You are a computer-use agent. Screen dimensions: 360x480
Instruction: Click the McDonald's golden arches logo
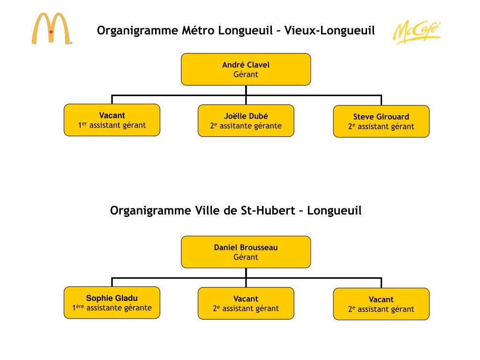pos(51,29)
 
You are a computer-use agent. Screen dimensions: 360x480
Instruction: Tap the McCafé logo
pos(416,32)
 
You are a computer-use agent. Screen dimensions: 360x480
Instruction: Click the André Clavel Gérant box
pos(246,69)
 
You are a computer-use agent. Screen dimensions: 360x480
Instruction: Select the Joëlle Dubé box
pos(246,120)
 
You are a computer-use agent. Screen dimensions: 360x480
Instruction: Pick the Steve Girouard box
pos(381,121)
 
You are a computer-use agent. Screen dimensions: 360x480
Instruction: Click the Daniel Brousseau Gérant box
pos(246,252)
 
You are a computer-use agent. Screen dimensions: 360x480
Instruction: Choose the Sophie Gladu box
pos(112,303)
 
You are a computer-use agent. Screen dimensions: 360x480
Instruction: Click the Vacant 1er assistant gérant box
pos(112,120)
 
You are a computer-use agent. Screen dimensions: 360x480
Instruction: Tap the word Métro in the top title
pos(198,31)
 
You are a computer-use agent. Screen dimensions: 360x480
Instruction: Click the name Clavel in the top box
pos(258,65)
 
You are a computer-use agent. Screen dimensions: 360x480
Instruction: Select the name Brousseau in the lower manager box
pos(259,247)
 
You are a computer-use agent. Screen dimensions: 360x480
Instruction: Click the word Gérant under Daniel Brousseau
pos(246,257)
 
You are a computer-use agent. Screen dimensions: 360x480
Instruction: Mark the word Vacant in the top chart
pos(112,115)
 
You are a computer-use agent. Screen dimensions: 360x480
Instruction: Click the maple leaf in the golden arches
pos(51,32)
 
